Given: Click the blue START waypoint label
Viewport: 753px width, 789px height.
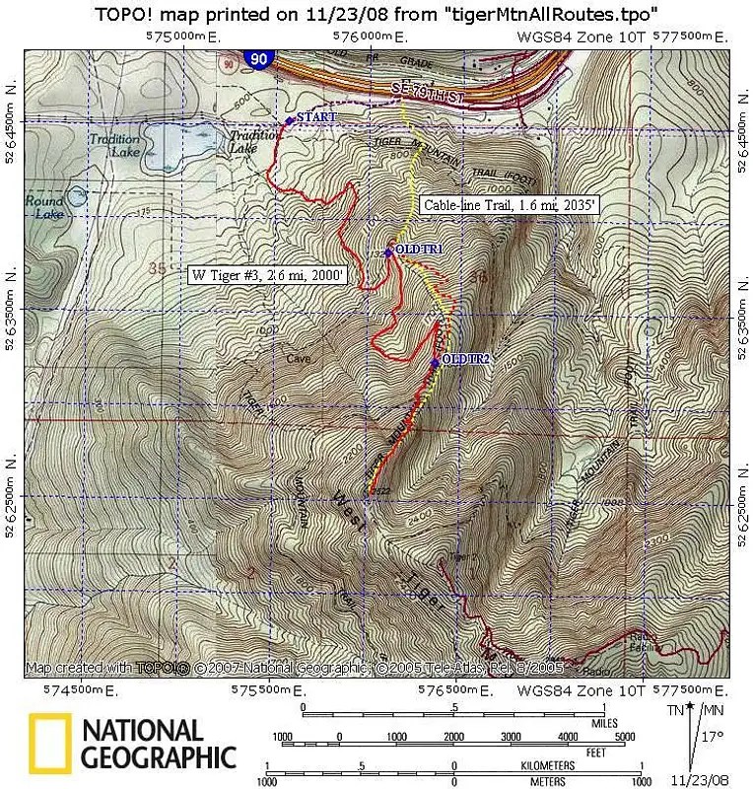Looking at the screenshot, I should click(316, 117).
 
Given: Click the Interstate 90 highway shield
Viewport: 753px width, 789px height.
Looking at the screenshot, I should click(258, 61).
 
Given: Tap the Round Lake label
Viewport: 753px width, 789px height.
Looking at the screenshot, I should click(42, 206).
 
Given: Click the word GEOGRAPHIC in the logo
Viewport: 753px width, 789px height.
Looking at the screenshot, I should click(159, 757).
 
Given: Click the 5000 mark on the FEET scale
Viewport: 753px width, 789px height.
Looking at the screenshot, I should click(623, 737).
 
